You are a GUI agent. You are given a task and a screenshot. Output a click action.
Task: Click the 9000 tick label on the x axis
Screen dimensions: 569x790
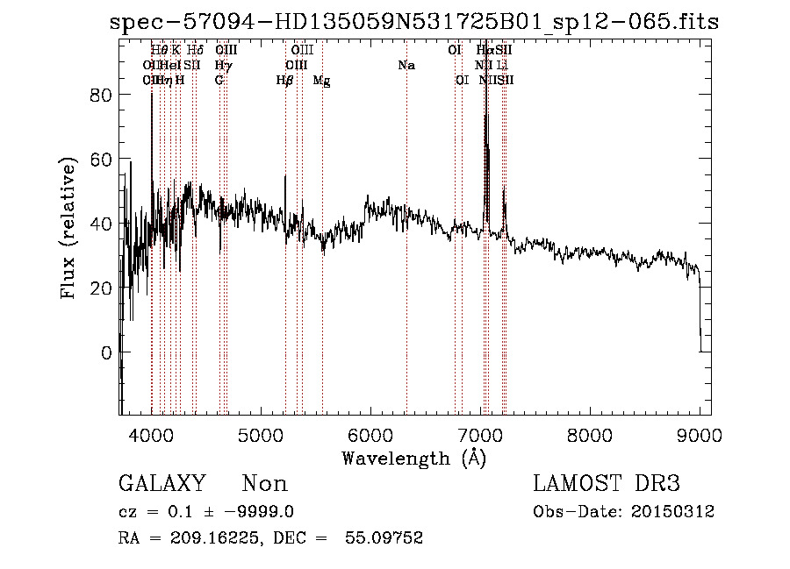pyautogui.click(x=700, y=435)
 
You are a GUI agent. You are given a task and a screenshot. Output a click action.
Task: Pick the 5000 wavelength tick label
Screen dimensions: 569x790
pyautogui.click(x=261, y=435)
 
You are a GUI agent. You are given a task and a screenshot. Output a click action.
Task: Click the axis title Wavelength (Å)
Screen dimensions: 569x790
pyautogui.click(x=413, y=458)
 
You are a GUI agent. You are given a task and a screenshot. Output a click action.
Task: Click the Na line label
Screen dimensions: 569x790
pyautogui.click(x=406, y=65)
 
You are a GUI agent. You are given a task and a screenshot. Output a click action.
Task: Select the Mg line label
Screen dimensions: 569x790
pyautogui.click(x=322, y=81)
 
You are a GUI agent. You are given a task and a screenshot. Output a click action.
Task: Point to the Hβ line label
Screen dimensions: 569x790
pyautogui.click(x=284, y=80)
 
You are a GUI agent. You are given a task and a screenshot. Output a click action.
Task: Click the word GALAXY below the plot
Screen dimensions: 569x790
pyautogui.click(x=162, y=484)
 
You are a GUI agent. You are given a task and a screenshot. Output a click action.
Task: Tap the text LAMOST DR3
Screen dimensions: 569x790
pyautogui.click(x=607, y=484)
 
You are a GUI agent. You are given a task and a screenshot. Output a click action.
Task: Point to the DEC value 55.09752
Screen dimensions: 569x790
pyautogui.click(x=386, y=538)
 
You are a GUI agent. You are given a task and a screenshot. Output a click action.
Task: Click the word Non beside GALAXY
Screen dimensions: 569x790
pyautogui.click(x=264, y=484)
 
